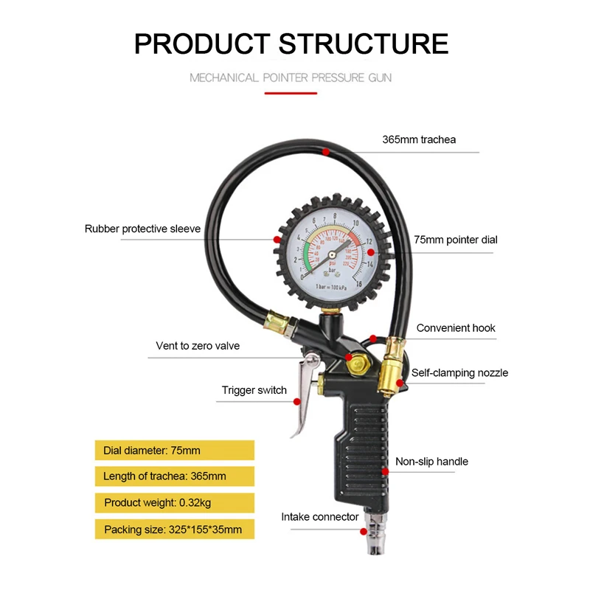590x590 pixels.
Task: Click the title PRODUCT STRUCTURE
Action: pos(291,44)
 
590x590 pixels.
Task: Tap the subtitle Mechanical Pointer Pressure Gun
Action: pos(291,77)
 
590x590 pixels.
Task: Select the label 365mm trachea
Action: pos(419,139)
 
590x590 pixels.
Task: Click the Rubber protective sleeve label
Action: pos(142,229)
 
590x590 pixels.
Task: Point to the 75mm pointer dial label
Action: pos(455,240)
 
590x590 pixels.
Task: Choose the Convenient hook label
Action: pos(456,327)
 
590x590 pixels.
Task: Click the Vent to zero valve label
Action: pos(198,345)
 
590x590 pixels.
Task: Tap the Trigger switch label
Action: pos(254,390)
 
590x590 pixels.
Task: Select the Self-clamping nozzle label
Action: pos(459,372)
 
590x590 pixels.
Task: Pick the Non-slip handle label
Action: pos(431,462)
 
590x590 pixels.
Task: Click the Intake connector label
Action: pos(320,516)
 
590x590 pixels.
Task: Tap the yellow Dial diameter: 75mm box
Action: pos(174,450)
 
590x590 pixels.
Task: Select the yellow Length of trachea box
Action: pos(174,476)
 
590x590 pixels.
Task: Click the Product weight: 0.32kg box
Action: pos(174,503)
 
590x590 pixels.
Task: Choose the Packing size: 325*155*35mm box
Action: pos(174,530)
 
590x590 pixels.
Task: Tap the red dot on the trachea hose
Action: pos(325,150)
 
